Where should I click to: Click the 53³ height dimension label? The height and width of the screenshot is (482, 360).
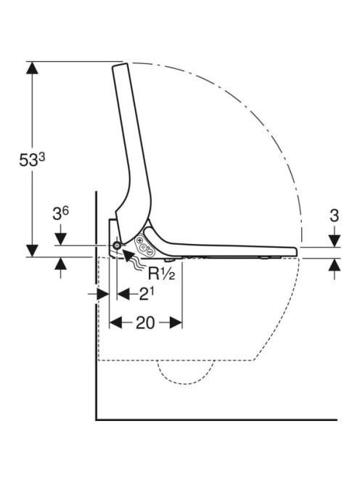32,160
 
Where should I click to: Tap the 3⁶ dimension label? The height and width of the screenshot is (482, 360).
60,213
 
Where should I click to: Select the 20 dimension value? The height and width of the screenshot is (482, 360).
145,323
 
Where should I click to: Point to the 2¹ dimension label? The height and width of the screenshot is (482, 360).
147,294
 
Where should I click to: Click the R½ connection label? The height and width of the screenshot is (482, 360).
161,273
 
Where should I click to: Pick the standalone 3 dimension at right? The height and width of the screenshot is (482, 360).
334,216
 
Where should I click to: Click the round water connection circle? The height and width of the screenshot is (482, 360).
117,245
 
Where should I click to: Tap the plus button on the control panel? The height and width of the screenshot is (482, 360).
140,241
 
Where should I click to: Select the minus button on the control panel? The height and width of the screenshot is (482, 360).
150,252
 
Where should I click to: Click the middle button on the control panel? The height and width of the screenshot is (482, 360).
143,248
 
